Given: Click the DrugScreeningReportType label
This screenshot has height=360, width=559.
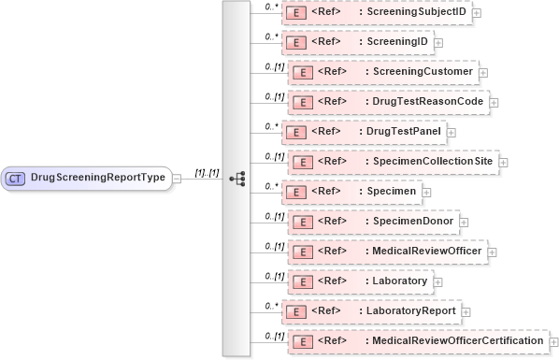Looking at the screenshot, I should click(98, 177).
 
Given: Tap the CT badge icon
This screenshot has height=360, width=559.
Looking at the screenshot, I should click(16, 177).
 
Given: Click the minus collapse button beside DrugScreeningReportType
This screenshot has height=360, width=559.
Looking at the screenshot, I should click(179, 177).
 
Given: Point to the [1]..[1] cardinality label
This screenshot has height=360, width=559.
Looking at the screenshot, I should click(207, 172).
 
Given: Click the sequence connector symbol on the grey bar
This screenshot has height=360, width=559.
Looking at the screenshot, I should click(236, 177).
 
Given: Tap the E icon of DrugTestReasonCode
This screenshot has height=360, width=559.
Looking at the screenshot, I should click(302, 102).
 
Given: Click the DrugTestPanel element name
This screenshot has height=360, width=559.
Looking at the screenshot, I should click(401, 131).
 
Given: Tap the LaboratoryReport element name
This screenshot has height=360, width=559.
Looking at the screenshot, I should click(412, 310).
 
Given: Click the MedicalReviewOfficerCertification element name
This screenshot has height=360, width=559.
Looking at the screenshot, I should click(453, 340).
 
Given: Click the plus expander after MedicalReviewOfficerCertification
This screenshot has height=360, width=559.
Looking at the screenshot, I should click(552, 341).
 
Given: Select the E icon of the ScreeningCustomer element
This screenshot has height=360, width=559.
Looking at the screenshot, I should click(302, 72).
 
